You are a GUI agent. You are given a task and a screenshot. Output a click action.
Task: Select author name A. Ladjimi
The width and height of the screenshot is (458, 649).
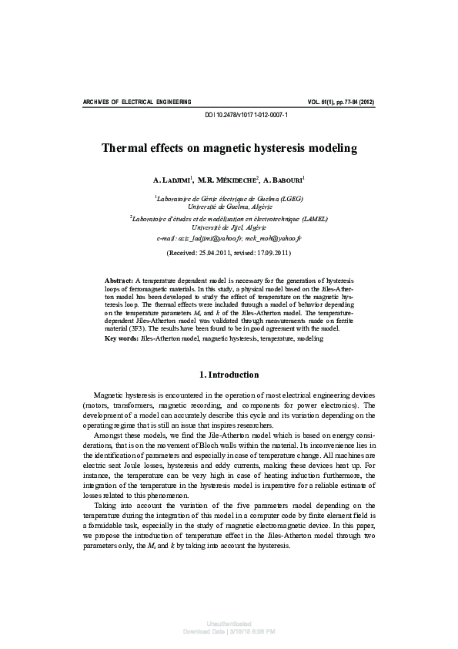point(172,180)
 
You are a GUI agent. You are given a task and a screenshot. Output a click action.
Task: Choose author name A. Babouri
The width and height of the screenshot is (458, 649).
point(283,180)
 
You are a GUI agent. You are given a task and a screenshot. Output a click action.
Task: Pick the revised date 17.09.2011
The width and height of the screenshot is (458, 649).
point(272,253)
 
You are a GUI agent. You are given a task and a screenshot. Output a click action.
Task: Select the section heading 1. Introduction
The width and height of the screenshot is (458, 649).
point(229,375)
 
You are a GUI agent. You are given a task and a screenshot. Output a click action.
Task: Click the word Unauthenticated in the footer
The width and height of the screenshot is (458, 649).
point(229,622)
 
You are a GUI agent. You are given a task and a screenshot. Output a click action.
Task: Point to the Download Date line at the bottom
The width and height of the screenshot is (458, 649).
point(229,631)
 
